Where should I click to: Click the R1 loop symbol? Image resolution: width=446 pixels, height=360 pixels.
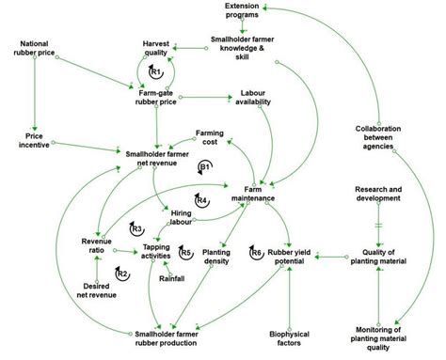[156, 71]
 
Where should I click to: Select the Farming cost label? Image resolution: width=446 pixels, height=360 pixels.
[209, 138]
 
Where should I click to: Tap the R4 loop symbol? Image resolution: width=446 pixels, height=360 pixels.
[201, 199]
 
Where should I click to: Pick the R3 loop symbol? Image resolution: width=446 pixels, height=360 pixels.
[136, 227]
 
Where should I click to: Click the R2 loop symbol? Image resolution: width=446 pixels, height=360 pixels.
[121, 273]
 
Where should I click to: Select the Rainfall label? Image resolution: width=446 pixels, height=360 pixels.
[172, 278]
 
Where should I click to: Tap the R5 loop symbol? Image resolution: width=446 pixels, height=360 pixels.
[186, 252]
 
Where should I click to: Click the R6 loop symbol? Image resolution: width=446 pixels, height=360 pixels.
[257, 252]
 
